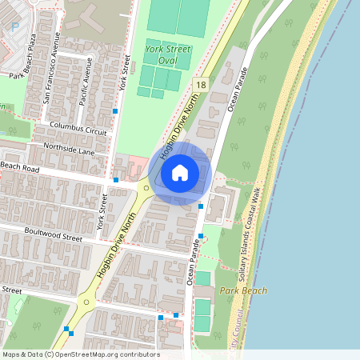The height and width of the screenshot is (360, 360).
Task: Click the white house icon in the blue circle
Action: click(180, 172)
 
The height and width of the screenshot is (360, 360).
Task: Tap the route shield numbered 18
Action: click(201, 85)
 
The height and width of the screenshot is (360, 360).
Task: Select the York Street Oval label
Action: click(168, 54)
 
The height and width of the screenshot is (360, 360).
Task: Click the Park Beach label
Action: click(243, 290)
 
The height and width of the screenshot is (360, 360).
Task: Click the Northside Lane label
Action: click(70, 150)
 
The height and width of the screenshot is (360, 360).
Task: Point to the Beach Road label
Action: click(20, 166)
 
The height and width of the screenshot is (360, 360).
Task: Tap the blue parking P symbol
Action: click(14, 27)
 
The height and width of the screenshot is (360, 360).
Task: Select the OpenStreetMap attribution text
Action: click(81, 354)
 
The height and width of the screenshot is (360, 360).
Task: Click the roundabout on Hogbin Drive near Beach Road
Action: click(146, 186)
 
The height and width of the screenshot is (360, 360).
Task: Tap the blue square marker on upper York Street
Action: click(116, 110)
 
